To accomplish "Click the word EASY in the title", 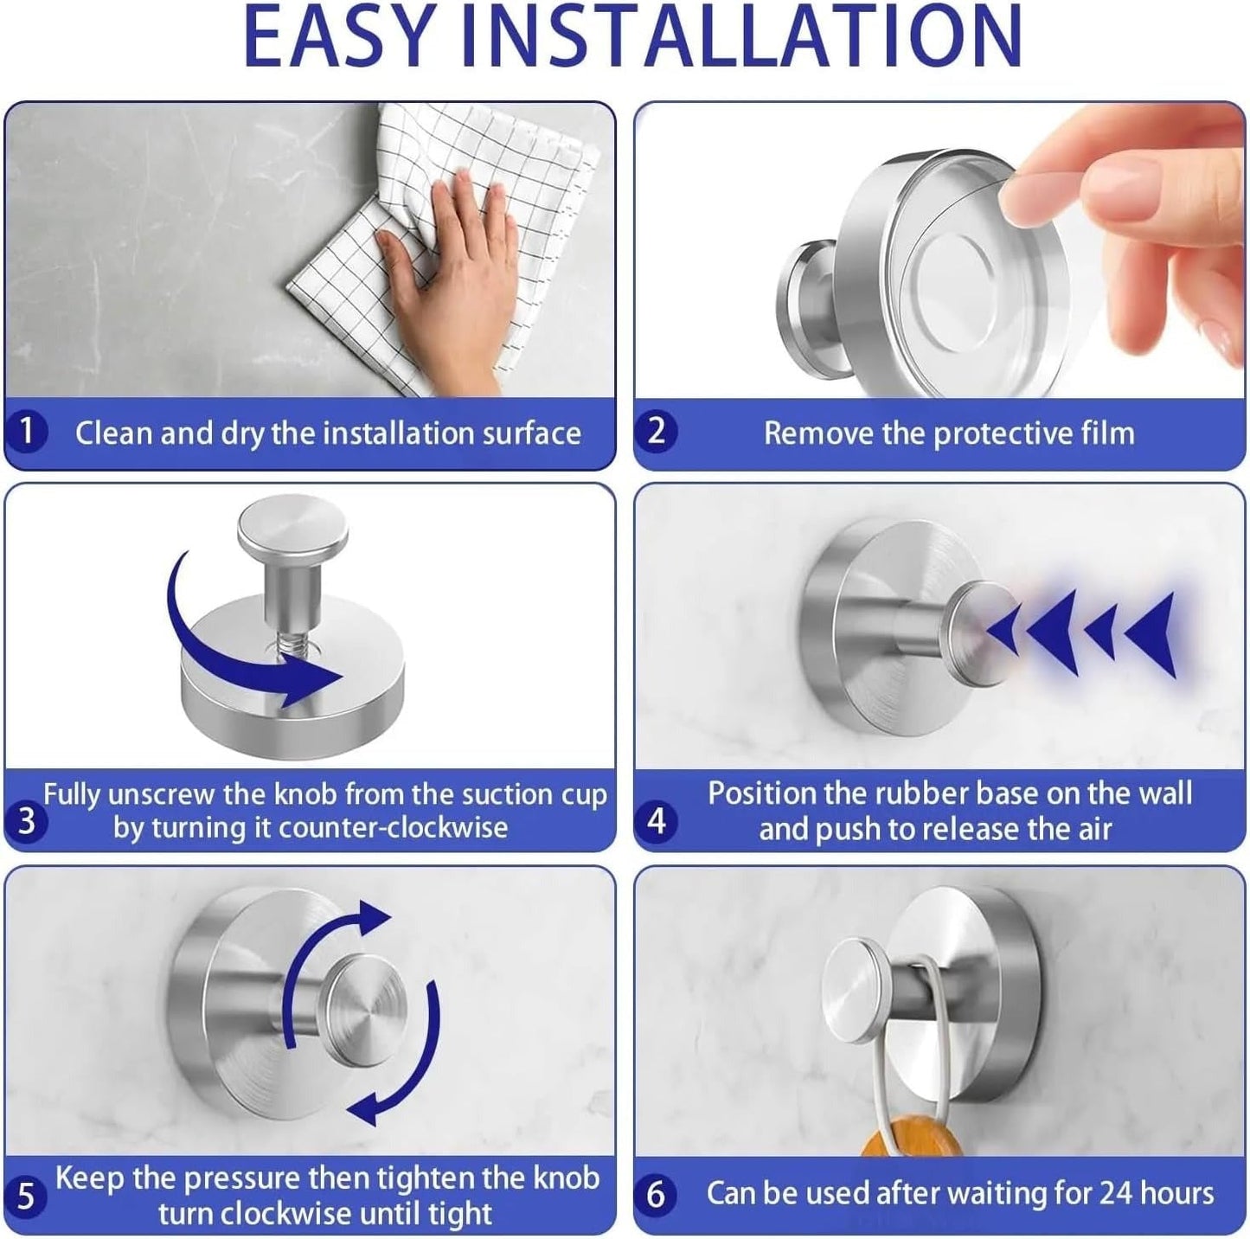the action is point(339,36).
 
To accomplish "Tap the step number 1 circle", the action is point(26,431).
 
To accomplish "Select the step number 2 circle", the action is point(656,431).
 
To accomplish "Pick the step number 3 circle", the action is point(26,821).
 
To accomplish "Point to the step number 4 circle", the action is point(657,820).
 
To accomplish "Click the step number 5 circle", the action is point(25,1196).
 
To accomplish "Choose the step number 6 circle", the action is point(656,1195).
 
